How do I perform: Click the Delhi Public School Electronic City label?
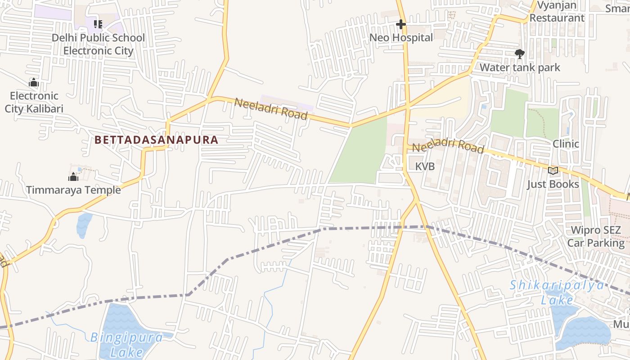point(98,44)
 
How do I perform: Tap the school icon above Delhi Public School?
point(98,24)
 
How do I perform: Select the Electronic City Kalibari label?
point(34,102)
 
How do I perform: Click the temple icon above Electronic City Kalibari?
point(33,82)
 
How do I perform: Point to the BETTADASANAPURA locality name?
point(157,140)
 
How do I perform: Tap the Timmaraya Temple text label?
point(73,190)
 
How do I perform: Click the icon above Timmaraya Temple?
point(73,177)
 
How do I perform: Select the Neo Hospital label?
point(401,38)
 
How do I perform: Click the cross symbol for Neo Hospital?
point(400,24)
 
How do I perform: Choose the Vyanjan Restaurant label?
point(557,12)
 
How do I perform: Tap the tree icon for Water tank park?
point(520,54)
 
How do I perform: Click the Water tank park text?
point(520,67)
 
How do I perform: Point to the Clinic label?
point(566,144)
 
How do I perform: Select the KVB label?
point(425,166)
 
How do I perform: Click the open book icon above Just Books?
point(553,171)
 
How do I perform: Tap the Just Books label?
point(553,184)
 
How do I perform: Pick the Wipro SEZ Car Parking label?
point(596,237)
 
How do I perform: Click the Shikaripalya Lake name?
point(557,292)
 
